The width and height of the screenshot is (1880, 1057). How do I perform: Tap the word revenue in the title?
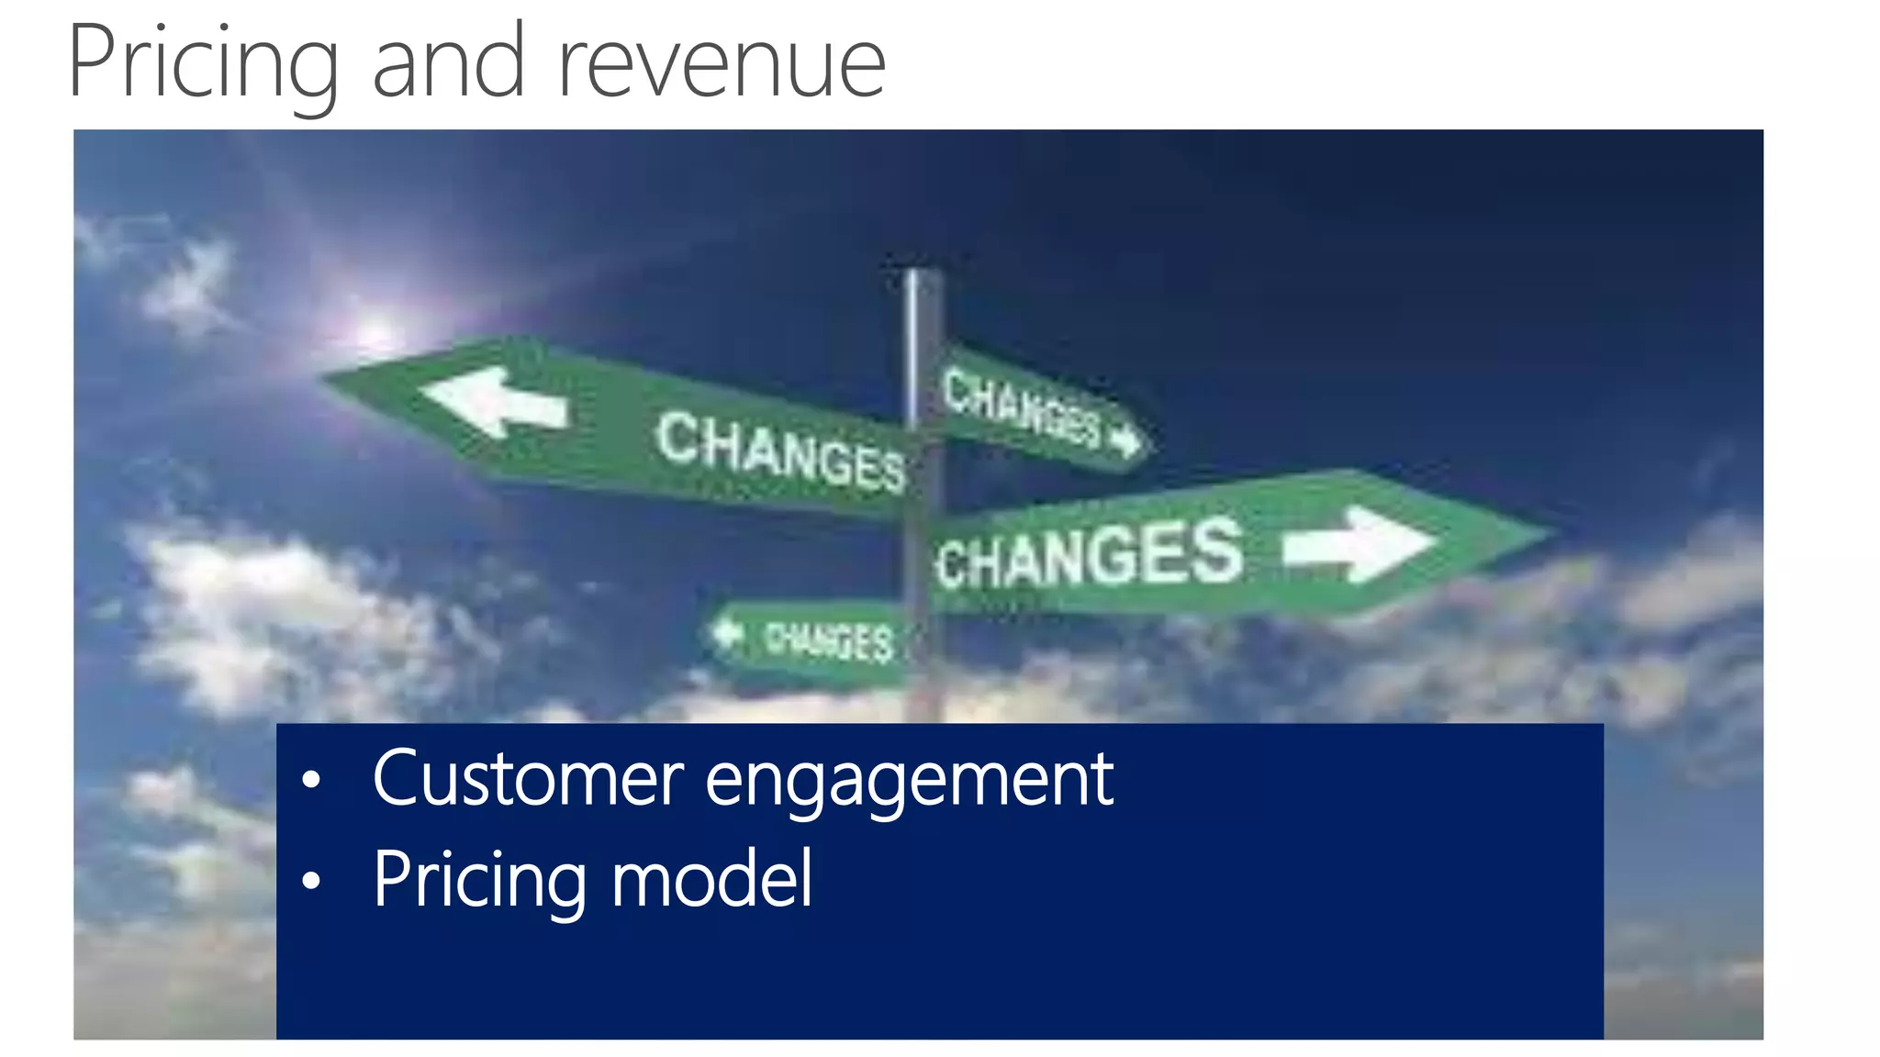[722, 64]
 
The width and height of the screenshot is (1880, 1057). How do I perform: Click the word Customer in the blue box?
[528, 780]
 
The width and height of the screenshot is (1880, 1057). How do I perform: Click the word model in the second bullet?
[711, 879]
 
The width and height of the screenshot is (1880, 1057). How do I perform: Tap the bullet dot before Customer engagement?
[311, 781]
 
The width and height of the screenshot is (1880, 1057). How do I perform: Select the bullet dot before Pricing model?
[311, 882]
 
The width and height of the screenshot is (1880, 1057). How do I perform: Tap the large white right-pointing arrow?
[1360, 543]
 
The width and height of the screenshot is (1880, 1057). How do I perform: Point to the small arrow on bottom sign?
[728, 632]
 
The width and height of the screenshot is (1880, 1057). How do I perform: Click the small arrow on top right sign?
[1125, 441]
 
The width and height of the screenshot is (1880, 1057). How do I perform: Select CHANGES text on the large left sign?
[780, 452]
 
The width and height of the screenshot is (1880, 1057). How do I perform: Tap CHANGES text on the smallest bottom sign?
[829, 640]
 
